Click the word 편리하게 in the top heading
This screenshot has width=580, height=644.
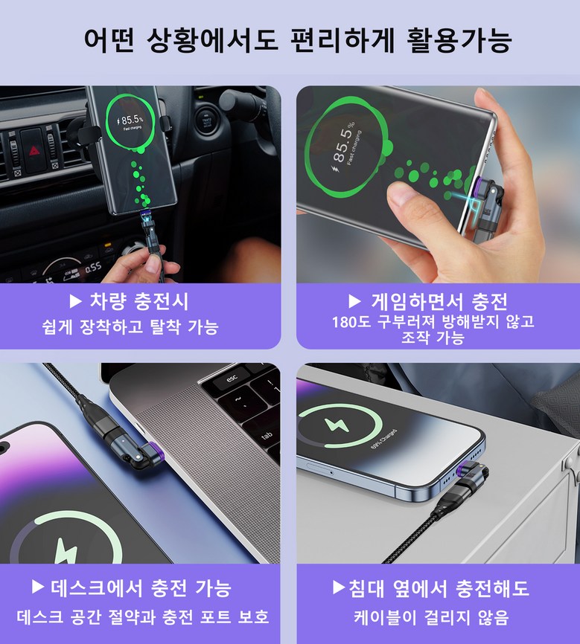click(x=342, y=40)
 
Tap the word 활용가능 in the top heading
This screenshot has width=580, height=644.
click(x=459, y=40)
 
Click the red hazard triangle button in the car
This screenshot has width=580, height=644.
click(x=34, y=152)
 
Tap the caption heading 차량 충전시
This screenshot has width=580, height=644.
click(x=139, y=301)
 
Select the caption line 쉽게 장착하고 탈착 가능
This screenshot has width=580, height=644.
click(x=130, y=327)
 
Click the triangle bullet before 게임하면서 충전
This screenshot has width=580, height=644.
click(x=354, y=301)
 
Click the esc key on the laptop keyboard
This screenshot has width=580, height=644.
click(x=232, y=379)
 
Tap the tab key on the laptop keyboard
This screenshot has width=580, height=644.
click(x=267, y=434)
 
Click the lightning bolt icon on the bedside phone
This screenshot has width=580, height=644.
click(x=337, y=425)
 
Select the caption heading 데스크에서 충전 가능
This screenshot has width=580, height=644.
click(x=141, y=587)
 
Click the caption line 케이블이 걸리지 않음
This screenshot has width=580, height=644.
click(x=432, y=617)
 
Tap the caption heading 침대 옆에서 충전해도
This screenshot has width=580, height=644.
click(x=439, y=587)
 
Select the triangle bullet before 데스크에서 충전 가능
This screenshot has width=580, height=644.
click(x=38, y=587)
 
